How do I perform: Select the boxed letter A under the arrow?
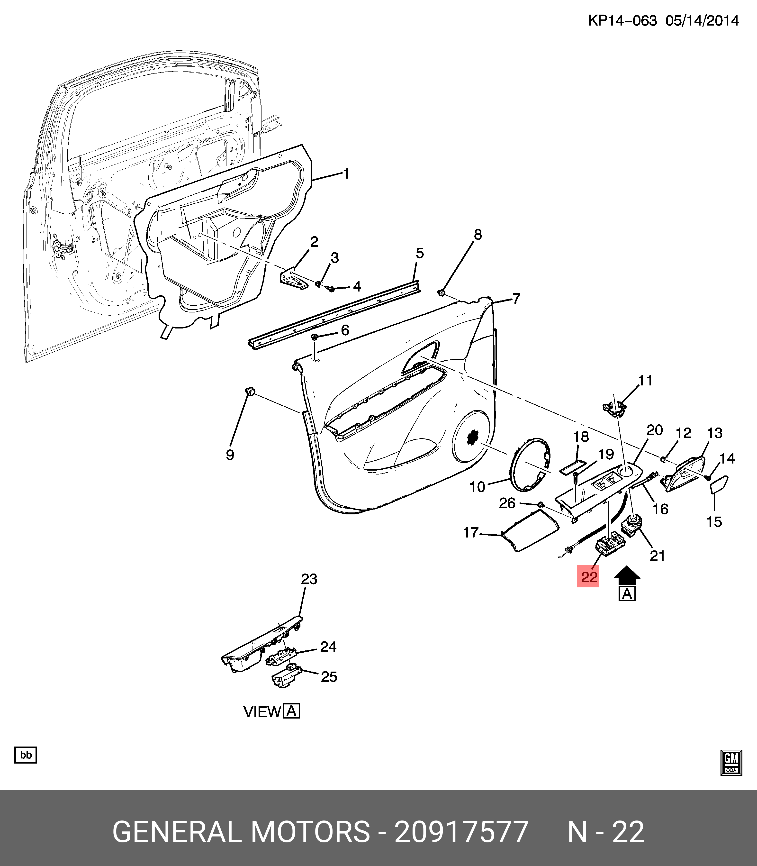[x=627, y=594]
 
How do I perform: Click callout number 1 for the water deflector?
[x=346, y=174]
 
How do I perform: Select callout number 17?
[x=471, y=533]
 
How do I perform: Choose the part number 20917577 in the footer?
[x=461, y=832]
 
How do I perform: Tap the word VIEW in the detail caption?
[x=262, y=712]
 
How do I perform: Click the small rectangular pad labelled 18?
[x=573, y=467]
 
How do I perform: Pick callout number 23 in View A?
[x=309, y=579]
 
